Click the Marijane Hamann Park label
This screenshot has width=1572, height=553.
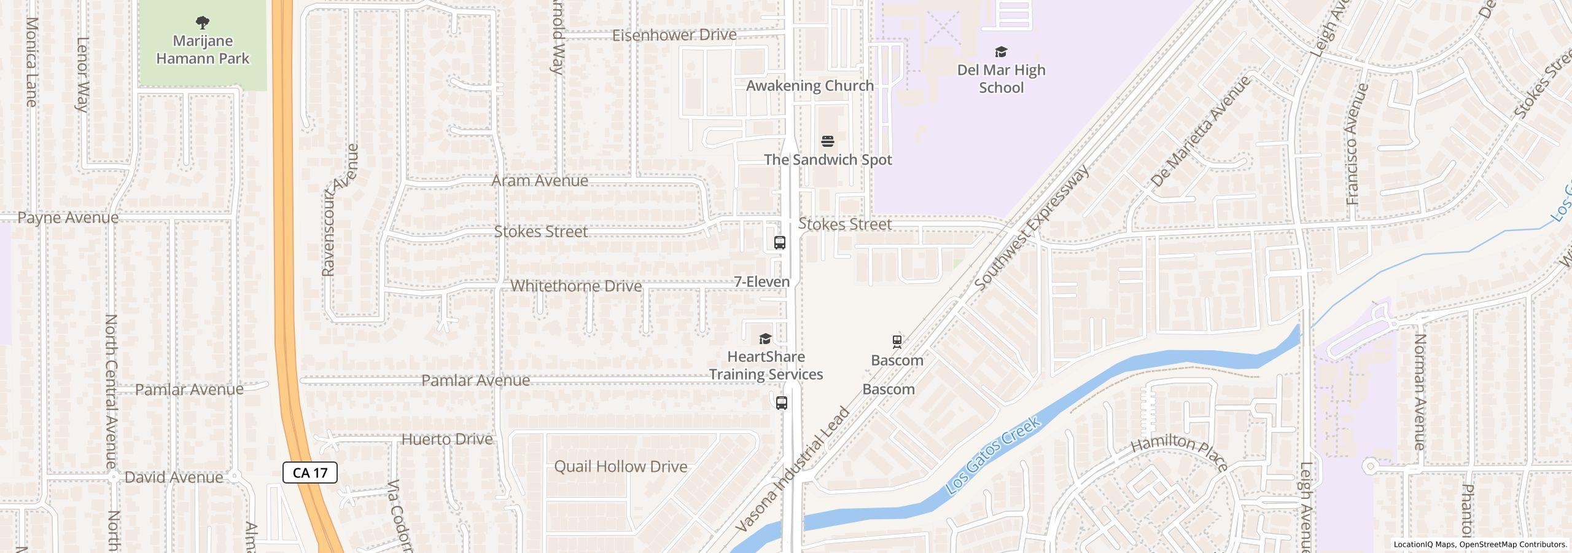(203, 50)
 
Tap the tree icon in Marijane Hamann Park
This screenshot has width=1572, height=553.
(203, 23)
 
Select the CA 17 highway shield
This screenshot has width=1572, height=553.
(310, 473)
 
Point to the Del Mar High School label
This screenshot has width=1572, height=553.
(1001, 79)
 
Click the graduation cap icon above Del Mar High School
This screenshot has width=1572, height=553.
(1001, 52)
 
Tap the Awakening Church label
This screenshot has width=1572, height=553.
(809, 86)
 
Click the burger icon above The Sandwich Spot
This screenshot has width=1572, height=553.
(828, 142)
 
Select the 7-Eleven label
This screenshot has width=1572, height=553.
(761, 282)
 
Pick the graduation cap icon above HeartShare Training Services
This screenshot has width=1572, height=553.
(765, 339)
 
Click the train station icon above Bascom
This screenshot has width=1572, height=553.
(897, 341)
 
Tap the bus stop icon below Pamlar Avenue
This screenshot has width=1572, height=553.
(782, 403)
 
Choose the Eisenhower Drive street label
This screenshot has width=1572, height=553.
(674, 35)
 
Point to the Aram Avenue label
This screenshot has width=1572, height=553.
(540, 181)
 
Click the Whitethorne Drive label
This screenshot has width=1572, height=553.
(576, 286)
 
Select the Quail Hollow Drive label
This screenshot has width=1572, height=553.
(620, 467)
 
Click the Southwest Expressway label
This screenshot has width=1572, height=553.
(1032, 227)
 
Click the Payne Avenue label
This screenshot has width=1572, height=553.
(68, 218)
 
